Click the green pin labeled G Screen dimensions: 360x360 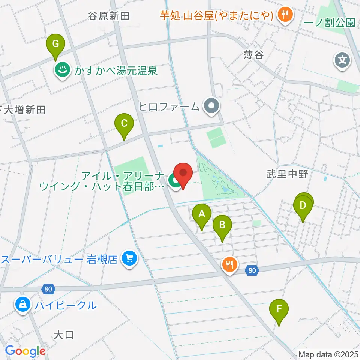coord(55,45)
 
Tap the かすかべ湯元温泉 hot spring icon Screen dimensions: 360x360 coord(61,70)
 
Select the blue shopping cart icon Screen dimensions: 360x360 coord(129,259)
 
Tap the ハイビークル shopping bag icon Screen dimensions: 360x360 coord(23,304)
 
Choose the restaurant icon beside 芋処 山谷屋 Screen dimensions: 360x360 coord(285,15)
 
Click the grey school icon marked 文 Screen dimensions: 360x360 coord(342,60)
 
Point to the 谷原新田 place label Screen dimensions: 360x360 coord(109,16)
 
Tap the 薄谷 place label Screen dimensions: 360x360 coord(253,55)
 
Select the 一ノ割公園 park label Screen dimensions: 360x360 coord(330,23)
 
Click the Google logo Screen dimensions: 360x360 coord(25,351)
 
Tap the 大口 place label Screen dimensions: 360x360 coord(64,334)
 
